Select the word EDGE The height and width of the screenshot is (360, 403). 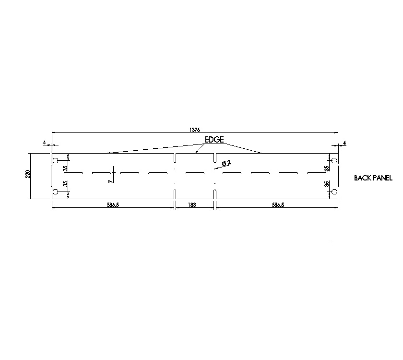[x=214, y=140]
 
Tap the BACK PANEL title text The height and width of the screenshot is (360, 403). [x=373, y=178]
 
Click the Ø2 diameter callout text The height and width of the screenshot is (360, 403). [x=226, y=164]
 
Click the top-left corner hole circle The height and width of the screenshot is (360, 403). [x=55, y=160]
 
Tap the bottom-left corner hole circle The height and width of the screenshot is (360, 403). [x=55, y=192]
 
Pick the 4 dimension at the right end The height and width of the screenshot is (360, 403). [x=345, y=143]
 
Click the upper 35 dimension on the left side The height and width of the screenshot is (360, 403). [x=65, y=168]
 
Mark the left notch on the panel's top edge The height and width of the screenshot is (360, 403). [x=175, y=158]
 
